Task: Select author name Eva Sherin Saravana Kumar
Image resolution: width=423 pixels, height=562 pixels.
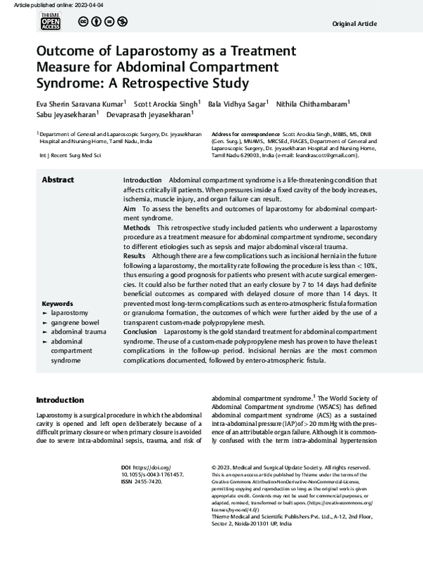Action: click(x=80, y=104)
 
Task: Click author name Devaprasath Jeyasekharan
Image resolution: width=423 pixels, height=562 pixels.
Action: click(x=148, y=115)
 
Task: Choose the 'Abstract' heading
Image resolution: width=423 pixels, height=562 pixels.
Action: click(x=58, y=180)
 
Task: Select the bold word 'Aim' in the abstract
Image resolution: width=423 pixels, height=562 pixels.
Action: click(x=130, y=209)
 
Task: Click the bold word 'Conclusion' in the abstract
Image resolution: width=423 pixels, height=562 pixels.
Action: click(x=140, y=331)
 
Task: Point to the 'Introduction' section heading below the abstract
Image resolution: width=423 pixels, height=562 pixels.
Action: click(x=60, y=400)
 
